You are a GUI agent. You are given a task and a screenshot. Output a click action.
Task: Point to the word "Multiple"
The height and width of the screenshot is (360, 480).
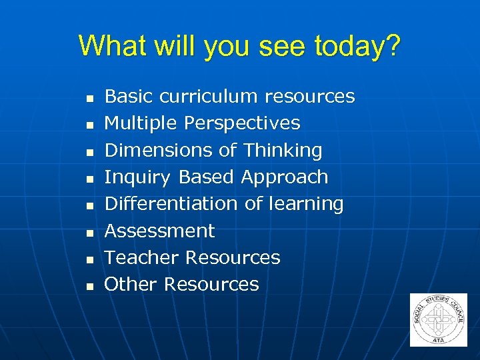[141, 123]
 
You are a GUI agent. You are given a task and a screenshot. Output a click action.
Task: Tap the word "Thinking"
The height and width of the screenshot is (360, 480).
[283, 150]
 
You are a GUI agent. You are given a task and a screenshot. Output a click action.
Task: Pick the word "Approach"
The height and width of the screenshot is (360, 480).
[285, 177]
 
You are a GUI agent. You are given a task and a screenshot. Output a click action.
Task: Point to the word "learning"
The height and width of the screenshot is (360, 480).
[305, 204]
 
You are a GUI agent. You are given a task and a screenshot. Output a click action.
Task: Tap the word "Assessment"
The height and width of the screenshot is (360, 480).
[160, 231]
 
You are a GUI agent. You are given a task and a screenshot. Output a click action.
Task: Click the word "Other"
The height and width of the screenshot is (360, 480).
[131, 284]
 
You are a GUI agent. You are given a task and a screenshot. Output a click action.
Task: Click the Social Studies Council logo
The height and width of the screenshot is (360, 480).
[438, 319]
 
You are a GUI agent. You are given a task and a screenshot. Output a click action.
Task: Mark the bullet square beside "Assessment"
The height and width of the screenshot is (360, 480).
[88, 233]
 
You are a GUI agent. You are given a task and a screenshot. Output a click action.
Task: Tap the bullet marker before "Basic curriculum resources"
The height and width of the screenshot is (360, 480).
[88, 99]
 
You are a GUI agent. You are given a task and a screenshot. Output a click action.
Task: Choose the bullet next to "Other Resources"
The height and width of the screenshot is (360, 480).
[88, 286]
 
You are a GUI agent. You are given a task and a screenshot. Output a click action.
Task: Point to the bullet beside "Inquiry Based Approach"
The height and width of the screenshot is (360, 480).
[88, 179]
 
